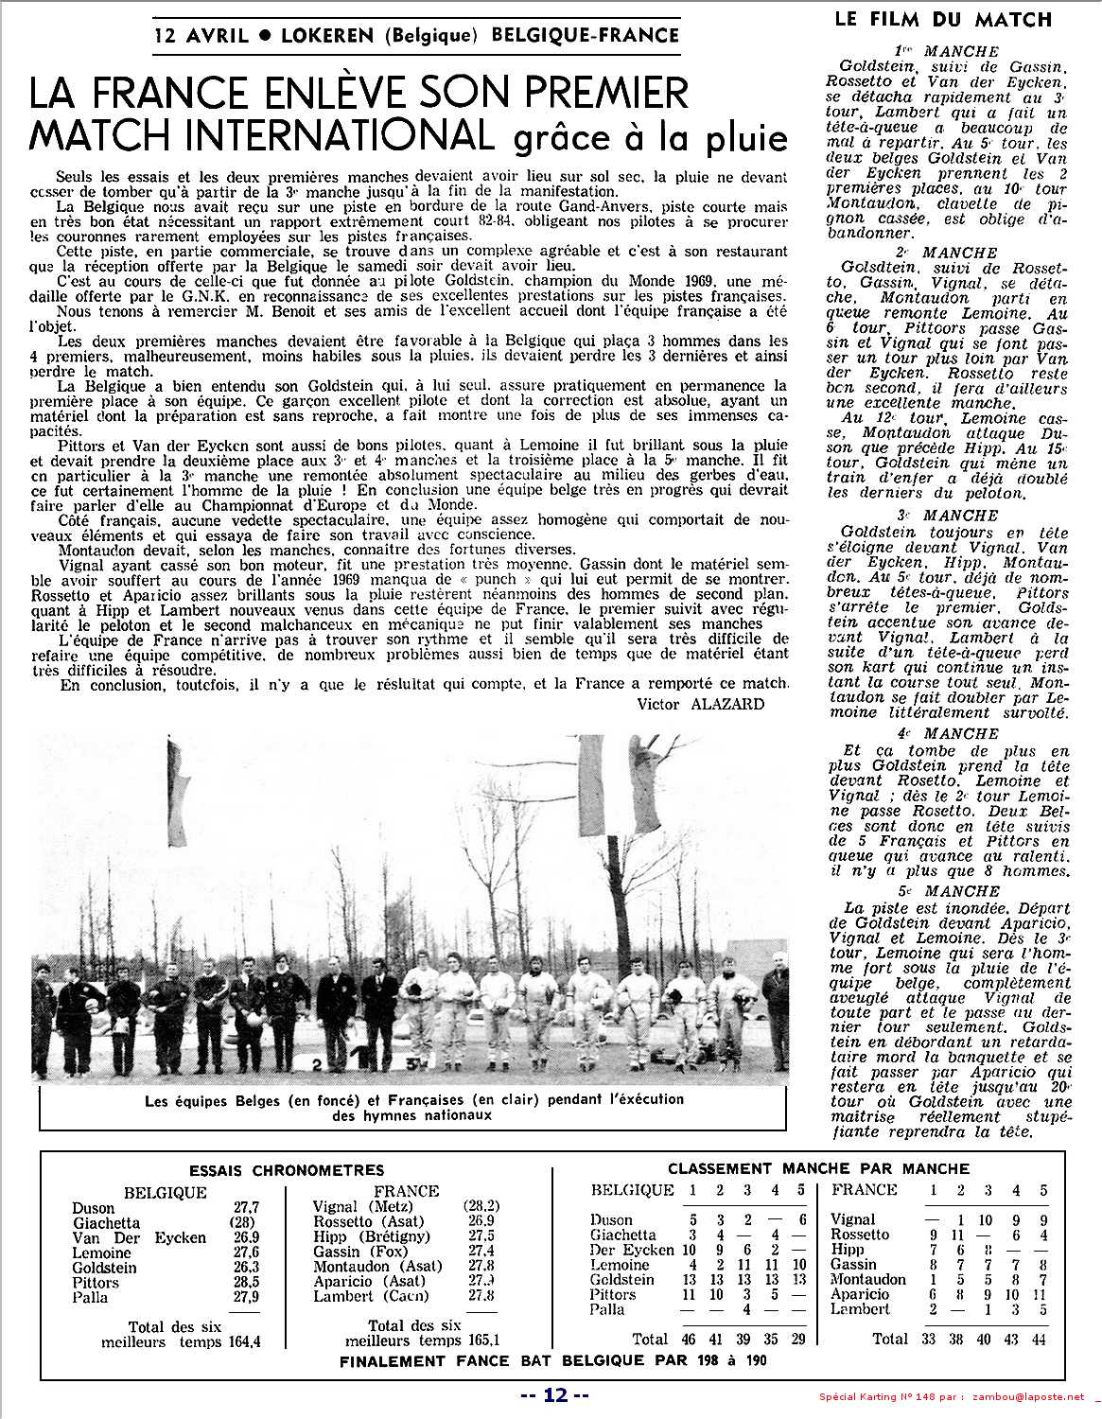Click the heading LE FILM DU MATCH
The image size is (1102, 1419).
943,19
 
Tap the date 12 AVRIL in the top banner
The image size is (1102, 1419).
201,35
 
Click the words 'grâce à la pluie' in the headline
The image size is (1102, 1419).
650,138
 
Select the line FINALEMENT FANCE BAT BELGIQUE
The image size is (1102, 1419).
554,1362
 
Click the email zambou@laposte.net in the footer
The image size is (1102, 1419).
1027,1395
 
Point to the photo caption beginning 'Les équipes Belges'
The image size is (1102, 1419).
414,1107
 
